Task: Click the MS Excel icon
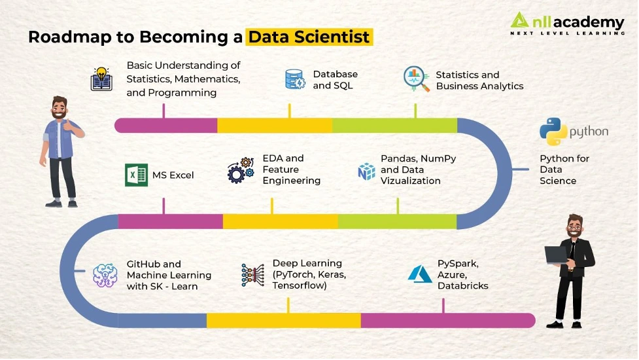coord(136,175)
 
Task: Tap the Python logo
coord(553,132)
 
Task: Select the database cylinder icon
coord(295,79)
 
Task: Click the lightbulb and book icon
coord(101,79)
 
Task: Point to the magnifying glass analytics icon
coord(416,79)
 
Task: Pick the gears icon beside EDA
coord(241,170)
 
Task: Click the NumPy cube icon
coord(366,171)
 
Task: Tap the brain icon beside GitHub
coord(105,275)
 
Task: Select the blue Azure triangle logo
coord(420,274)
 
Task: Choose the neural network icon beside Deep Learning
coord(252,275)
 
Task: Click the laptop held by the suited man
coord(557,255)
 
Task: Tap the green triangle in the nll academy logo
coord(519,20)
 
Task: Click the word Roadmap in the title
coord(70,37)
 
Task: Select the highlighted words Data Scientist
coord(309,37)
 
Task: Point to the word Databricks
coord(463,286)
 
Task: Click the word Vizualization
coord(410,181)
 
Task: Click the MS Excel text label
coord(173,175)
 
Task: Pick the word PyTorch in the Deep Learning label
coord(292,275)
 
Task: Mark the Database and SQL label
coord(335,80)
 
